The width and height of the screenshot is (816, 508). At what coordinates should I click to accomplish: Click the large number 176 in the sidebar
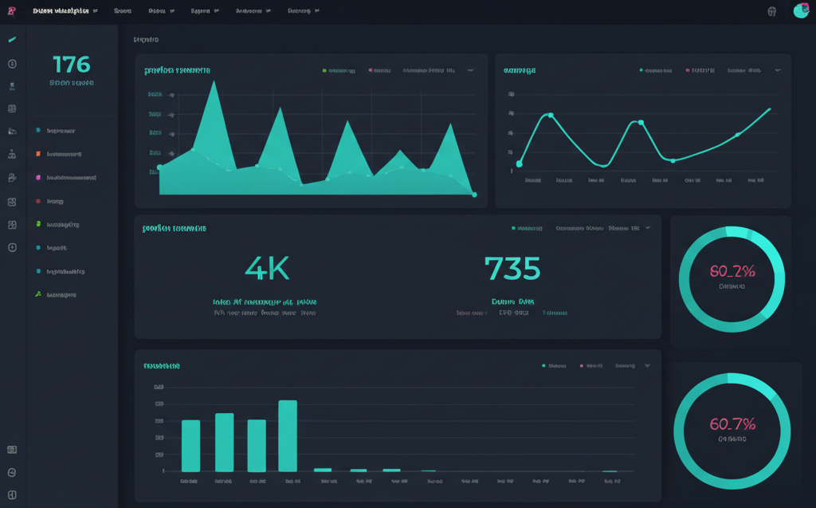72,64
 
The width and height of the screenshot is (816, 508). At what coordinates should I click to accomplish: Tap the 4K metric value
267,269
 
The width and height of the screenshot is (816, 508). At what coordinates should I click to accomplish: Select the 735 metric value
512,269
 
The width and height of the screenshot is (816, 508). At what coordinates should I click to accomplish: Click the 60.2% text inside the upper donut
732,271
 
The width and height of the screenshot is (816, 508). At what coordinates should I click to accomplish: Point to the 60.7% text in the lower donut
732,424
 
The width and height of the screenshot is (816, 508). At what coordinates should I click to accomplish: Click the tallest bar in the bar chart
288,435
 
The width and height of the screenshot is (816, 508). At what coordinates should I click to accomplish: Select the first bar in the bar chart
191,445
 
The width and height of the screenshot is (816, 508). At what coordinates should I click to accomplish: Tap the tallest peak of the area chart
214,83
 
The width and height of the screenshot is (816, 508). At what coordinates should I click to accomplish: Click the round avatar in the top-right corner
801,11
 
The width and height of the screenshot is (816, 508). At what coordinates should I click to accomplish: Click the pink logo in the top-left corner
11,11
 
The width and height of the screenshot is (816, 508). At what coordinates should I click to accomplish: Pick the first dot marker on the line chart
520,163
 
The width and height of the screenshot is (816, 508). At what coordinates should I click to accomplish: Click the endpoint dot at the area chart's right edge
474,194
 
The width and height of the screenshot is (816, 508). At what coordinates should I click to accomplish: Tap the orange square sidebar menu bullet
37,153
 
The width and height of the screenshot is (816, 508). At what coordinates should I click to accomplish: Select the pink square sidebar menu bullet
37,177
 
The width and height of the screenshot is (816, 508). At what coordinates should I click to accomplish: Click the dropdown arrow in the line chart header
778,70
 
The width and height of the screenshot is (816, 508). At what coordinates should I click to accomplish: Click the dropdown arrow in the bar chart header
647,366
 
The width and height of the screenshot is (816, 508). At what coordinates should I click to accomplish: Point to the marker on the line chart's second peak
641,123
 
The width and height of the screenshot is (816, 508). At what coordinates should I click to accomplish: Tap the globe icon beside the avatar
771,12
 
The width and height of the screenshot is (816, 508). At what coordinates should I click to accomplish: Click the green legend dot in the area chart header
324,70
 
